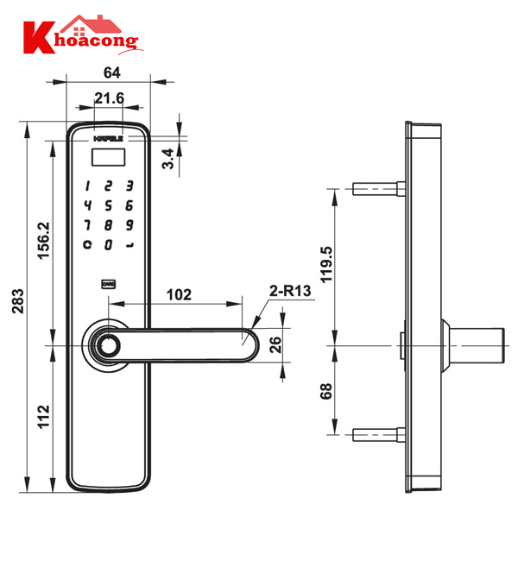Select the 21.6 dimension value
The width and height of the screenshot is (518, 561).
click(x=110, y=100)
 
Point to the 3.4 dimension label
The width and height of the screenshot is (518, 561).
click(x=170, y=159)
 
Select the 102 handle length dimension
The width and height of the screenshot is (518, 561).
click(x=178, y=294)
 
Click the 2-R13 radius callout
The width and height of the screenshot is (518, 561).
click(x=290, y=293)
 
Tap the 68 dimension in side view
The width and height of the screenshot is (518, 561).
click(x=324, y=391)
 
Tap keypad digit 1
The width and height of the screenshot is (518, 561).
click(x=87, y=186)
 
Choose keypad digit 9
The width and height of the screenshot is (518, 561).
click(x=129, y=225)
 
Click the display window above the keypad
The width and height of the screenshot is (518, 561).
click(x=109, y=157)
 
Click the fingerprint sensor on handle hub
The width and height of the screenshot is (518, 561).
click(x=108, y=344)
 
